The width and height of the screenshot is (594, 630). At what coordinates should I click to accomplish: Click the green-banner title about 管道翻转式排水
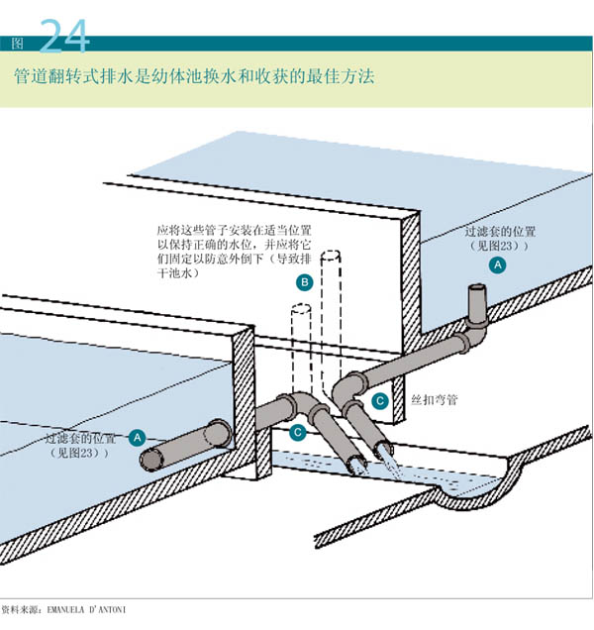194,76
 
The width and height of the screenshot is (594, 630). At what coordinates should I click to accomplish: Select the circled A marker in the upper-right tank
498,264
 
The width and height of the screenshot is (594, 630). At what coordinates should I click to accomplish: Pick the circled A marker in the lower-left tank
138,436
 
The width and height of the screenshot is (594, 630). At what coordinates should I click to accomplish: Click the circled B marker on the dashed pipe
306,283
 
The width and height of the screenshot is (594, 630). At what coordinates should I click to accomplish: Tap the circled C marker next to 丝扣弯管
380,400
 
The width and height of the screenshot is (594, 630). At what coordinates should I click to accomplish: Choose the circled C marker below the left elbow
297,432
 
